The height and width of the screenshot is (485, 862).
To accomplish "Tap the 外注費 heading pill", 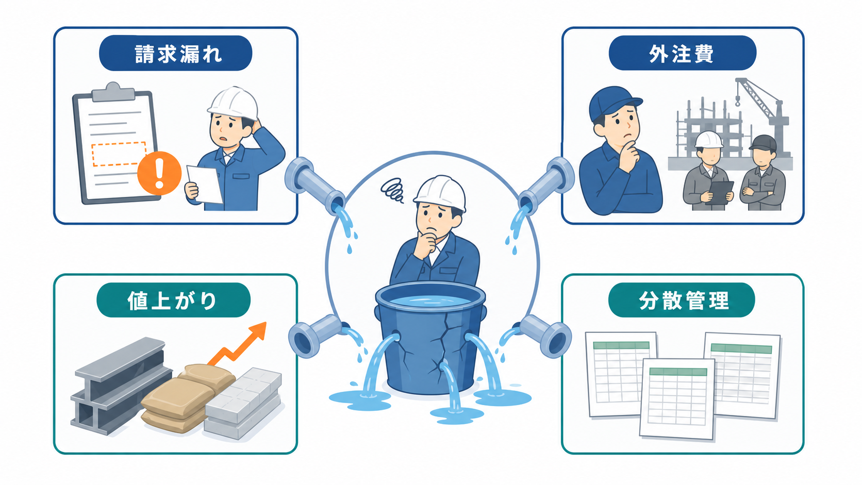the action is point(682,53).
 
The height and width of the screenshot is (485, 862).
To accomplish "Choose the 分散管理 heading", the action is point(682,300).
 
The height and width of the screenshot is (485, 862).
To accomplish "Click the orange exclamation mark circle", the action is point(159,173).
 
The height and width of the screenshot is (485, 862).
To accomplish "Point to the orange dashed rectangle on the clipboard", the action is point(119,154).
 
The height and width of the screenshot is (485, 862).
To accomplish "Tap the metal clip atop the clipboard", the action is point(113,92).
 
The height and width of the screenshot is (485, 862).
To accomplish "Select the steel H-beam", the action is point(121,384).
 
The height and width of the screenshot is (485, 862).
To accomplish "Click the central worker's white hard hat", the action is point(440,192).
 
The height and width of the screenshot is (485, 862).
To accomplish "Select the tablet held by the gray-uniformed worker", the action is point(721,192).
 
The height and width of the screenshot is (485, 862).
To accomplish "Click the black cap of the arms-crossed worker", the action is point(762,143).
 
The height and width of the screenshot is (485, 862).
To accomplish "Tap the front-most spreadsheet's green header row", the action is point(678,372).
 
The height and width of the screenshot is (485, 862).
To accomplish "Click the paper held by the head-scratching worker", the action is point(205,184).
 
